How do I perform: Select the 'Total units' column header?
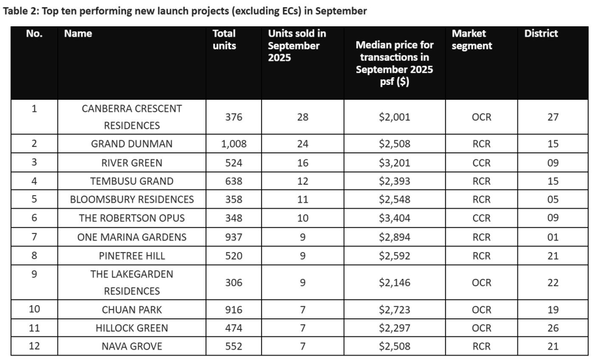click(224, 39)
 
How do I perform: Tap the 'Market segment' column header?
click(471, 39)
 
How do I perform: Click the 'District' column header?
click(540, 33)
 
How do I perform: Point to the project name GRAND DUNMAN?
click(132, 144)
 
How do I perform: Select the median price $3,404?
click(394, 218)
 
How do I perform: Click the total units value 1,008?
click(234, 144)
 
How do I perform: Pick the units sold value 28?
click(303, 117)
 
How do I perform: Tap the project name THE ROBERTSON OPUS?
click(132, 218)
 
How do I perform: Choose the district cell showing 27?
click(553, 117)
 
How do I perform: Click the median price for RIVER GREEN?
click(394, 163)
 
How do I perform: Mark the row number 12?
click(34, 346)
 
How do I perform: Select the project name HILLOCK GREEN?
click(132, 328)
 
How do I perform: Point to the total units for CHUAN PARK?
click(234, 310)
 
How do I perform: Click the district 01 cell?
click(553, 237)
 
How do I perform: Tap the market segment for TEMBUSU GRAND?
click(481, 181)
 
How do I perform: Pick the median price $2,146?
click(394, 283)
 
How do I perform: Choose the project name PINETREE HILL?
click(132, 255)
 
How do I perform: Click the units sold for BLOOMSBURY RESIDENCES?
click(303, 199)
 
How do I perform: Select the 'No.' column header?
click(34, 33)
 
